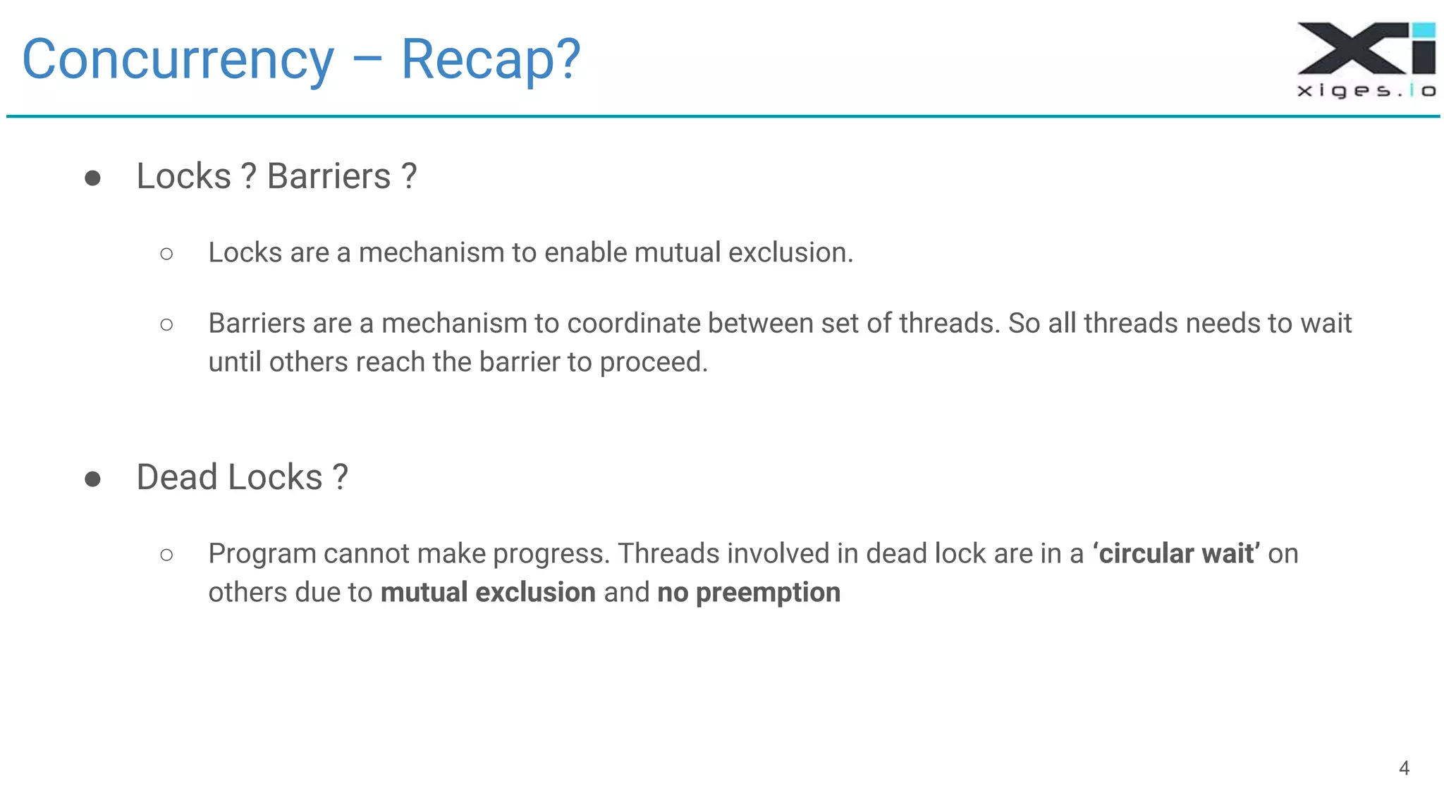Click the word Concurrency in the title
click(x=178, y=61)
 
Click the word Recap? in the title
click(x=491, y=61)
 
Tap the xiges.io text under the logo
click(x=1366, y=90)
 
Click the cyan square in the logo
click(x=1424, y=30)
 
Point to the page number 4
click(x=1403, y=768)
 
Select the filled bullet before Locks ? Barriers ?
click(x=92, y=178)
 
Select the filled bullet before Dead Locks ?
click(x=92, y=479)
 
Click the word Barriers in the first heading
click(x=329, y=176)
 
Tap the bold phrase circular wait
click(x=1176, y=554)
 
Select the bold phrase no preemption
click(x=748, y=593)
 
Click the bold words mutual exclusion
click(x=488, y=593)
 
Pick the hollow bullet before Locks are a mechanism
click(x=166, y=254)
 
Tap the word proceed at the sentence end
click(x=651, y=362)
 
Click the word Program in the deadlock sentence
click(x=262, y=554)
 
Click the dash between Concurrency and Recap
click(x=367, y=61)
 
